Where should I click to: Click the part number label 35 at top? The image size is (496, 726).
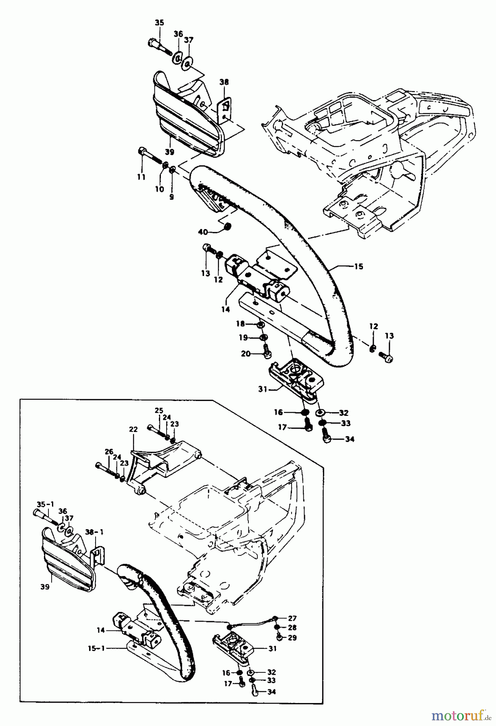click(159, 23)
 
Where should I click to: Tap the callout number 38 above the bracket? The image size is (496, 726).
click(224, 82)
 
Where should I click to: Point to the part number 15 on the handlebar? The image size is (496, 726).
click(358, 266)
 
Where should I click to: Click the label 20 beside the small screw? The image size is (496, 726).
click(246, 354)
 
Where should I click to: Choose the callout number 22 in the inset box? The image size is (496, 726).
click(133, 430)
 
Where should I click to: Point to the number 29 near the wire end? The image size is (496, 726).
click(292, 638)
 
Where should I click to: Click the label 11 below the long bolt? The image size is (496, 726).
click(141, 177)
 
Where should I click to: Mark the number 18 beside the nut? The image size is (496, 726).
click(240, 324)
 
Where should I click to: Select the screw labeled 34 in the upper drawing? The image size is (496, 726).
click(327, 438)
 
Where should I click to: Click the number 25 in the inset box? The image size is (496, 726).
click(158, 411)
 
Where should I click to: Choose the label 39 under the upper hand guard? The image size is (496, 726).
click(169, 152)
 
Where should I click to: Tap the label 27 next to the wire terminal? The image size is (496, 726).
click(292, 618)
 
